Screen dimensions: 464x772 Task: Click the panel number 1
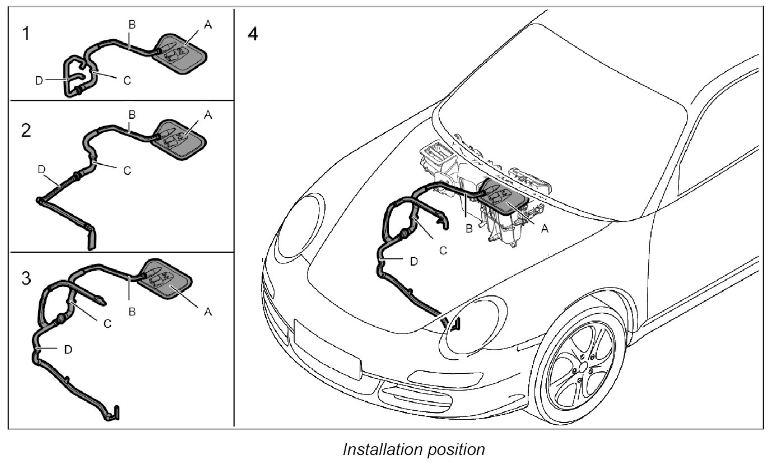click(26, 34)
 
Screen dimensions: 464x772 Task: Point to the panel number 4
click(253, 34)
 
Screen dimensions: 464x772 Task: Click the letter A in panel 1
click(208, 25)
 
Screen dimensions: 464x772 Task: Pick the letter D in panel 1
click(39, 81)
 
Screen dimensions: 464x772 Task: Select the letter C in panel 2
click(127, 170)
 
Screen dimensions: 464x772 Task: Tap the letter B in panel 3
click(132, 312)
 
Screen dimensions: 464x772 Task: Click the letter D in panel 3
click(68, 349)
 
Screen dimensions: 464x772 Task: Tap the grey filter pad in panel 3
click(166, 279)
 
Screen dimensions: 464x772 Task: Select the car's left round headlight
click(301, 224)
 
